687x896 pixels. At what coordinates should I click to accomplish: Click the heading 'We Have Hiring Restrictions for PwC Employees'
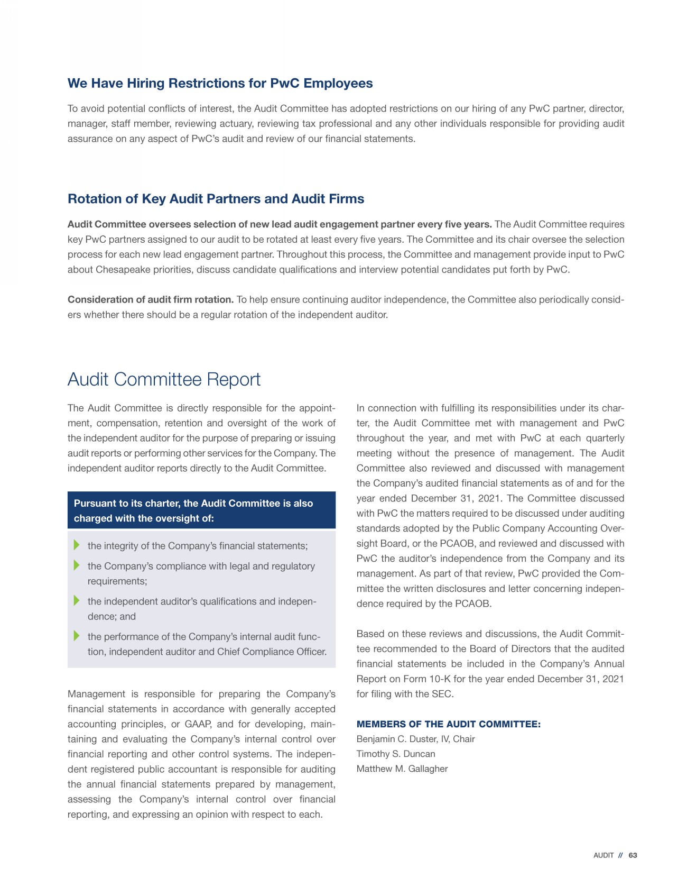(220, 84)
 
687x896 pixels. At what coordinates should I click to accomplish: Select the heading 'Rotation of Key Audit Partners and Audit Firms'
(216, 199)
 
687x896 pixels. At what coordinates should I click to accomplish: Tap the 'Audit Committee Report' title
(164, 379)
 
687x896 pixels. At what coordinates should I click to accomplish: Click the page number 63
(633, 855)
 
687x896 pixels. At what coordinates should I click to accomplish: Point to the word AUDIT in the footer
(604, 855)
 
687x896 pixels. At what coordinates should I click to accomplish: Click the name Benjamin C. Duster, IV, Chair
(415, 739)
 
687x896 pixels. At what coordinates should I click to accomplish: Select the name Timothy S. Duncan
(396, 754)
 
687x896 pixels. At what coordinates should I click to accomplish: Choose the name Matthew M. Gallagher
(402, 769)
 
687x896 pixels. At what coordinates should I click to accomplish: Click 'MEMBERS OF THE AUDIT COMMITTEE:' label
(449, 724)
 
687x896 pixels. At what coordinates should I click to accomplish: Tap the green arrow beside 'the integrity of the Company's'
(77, 545)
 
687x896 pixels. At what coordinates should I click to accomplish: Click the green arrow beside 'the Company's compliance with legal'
(77, 565)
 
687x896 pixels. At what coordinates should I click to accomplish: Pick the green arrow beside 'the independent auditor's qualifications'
(77, 600)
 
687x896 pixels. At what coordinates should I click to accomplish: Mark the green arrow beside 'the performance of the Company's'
(77, 636)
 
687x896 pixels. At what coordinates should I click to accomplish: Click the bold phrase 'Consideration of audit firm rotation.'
(151, 299)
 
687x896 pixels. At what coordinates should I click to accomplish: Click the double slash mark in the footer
(621, 855)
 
